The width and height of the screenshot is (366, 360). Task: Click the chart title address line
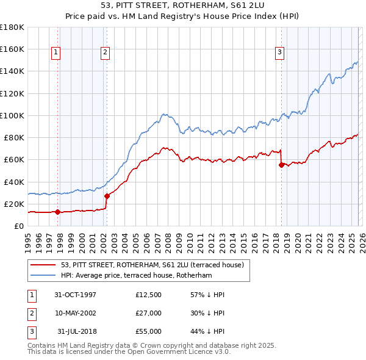click(183, 7)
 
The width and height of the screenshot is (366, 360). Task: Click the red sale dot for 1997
click(58, 212)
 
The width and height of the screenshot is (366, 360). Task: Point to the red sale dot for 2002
click(107, 196)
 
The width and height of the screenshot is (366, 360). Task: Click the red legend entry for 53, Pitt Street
click(152, 265)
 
